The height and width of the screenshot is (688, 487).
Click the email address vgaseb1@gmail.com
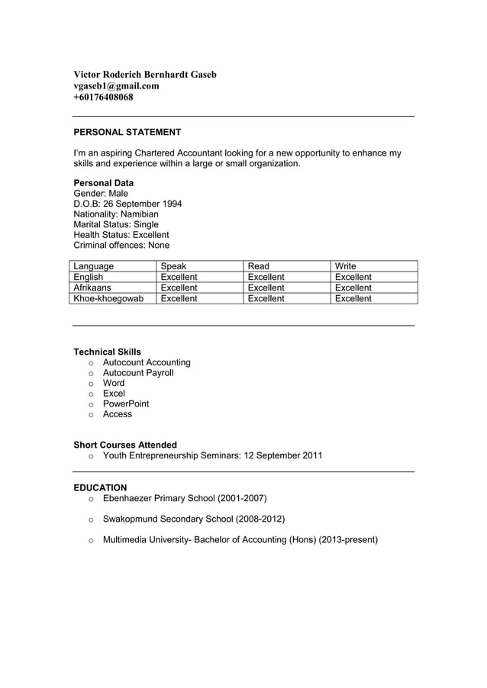pos(116,86)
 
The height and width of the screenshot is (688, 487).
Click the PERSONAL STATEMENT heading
pos(127,132)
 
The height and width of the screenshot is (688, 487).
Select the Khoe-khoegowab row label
pos(108,298)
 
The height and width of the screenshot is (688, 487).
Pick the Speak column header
pos(173,266)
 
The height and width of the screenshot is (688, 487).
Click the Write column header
pos(346,266)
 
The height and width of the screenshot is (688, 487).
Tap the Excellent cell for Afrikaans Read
pos(266,288)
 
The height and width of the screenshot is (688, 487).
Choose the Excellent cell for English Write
pos(353,277)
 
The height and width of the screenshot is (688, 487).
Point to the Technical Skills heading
pos(107,352)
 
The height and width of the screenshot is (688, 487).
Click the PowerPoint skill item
pos(126,403)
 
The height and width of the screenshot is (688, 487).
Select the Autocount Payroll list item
pos(138,373)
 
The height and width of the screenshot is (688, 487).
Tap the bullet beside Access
pos(91,415)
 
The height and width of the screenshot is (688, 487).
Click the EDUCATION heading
pos(100,487)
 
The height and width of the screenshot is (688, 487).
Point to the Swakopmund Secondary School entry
pos(194,519)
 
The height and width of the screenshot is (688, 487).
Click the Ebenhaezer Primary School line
pos(184,499)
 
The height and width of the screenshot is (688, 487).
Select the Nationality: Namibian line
pos(116,214)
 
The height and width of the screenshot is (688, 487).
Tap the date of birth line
pos(127,204)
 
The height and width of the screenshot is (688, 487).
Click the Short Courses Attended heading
pos(125,445)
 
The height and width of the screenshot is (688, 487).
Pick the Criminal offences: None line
pos(121,246)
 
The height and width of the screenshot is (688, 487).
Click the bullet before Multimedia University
pos(91,541)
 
